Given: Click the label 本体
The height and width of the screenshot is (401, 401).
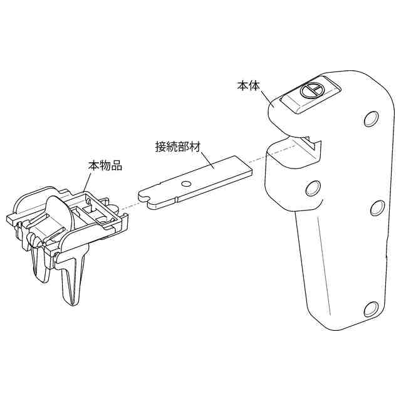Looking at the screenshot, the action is [x=249, y=85].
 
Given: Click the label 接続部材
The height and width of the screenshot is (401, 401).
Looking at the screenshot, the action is [x=176, y=147].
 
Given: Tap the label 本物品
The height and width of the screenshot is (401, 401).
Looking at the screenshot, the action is [x=104, y=166].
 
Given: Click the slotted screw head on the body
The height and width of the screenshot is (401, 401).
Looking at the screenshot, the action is [x=311, y=90].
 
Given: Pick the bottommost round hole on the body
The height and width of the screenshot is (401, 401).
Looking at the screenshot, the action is [x=370, y=308].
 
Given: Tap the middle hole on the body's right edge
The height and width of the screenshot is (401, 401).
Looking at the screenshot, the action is [x=377, y=208].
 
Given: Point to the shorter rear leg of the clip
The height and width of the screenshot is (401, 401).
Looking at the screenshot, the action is [x=41, y=263].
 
